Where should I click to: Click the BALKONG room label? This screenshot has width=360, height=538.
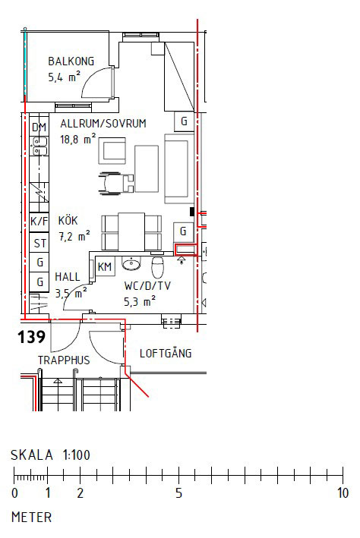coord(71,61)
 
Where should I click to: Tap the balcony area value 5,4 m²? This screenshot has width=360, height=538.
coord(65,77)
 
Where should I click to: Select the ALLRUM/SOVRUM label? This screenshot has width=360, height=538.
coord(103,124)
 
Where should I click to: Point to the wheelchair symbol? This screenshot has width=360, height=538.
coord(115,184)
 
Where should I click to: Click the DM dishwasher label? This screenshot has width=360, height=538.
coord(39,127)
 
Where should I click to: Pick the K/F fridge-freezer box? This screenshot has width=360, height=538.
coord(39,221)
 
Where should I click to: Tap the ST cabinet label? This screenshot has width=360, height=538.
coord(39,244)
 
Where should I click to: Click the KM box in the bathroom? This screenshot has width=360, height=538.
coord(105,266)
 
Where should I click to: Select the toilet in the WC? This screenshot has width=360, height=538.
coord(158,267)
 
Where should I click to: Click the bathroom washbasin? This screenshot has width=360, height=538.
coord(131,263)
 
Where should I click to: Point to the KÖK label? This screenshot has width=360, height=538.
coord(68,221)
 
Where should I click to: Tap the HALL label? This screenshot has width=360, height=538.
coord(68,277)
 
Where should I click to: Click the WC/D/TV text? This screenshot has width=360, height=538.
coord(147,286)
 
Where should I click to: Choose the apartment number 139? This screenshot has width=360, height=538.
coord(31,337)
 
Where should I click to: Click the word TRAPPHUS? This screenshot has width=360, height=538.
coord(64,360)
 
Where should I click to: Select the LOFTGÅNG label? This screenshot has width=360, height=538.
coord(166,353)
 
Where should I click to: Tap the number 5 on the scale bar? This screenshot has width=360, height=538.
coord(178,493)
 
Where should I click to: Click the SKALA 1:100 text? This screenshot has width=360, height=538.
coord(50,455)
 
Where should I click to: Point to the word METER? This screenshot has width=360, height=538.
coord(31,517)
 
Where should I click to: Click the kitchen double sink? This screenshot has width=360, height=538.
coord(39,146)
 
